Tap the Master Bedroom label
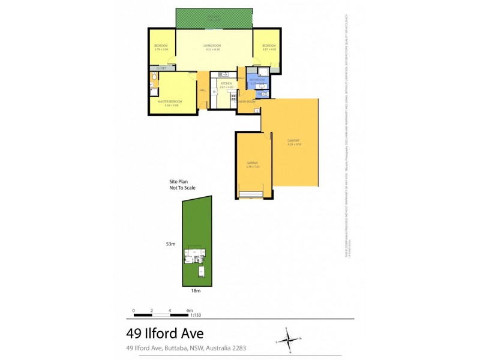(x=170, y=101)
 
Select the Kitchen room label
(x=226, y=83)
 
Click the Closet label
(x=161, y=69)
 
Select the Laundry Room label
(x=246, y=102)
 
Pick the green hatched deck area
(x=214, y=18)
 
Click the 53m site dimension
(x=171, y=244)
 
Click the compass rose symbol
(x=290, y=340)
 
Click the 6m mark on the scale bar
(x=190, y=311)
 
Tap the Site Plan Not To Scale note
(x=182, y=184)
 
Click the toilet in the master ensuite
(x=154, y=77)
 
